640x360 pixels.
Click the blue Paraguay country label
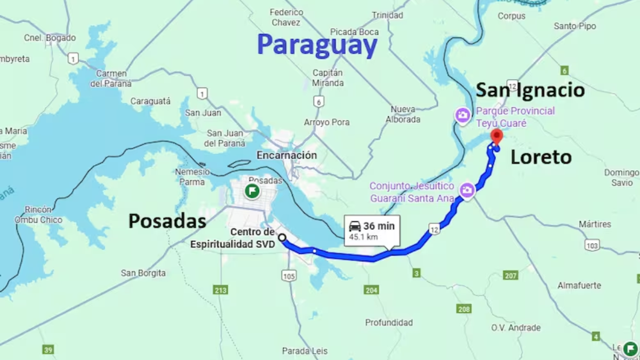click(x=317, y=45)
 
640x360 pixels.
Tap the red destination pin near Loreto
click(x=497, y=135)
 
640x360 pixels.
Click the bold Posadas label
click(x=167, y=221)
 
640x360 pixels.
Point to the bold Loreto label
click(x=541, y=157)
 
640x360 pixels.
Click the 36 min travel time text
click(x=379, y=226)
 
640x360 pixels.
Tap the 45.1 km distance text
click(x=363, y=237)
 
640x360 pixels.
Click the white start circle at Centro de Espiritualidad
click(x=282, y=238)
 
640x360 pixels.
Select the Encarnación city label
click(x=286, y=155)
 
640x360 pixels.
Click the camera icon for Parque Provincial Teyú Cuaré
click(x=462, y=115)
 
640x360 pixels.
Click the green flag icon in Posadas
click(x=252, y=191)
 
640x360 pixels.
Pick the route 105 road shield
click(x=289, y=276)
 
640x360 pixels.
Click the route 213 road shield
click(x=220, y=290)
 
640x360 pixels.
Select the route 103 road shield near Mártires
click(x=591, y=245)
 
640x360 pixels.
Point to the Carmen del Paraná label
click(x=111, y=78)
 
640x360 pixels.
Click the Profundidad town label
click(x=389, y=323)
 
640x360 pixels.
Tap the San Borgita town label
click(x=143, y=273)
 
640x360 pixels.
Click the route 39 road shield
click(x=48, y=350)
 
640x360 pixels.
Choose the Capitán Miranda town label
click(x=327, y=78)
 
